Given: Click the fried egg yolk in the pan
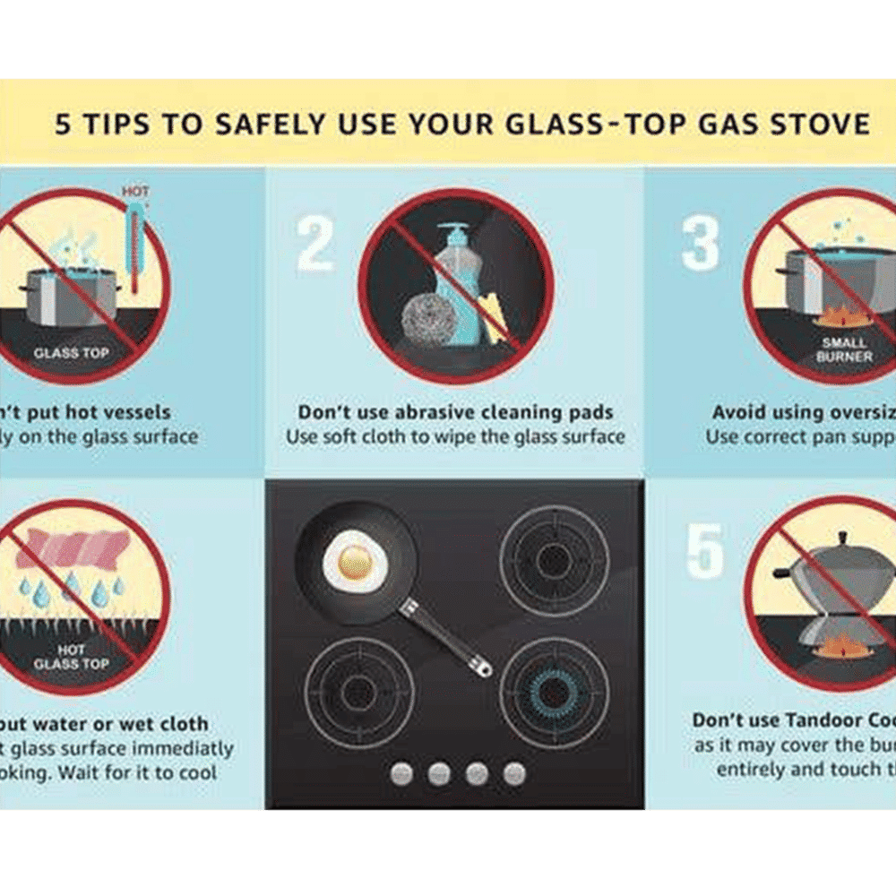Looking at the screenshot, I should (x=356, y=560).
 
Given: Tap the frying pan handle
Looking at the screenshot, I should (x=448, y=638).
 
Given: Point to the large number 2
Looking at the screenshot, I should (x=315, y=243).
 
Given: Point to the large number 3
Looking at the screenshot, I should (x=701, y=243).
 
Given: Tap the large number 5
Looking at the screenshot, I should (x=705, y=551).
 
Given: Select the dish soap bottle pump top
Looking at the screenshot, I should (x=455, y=236).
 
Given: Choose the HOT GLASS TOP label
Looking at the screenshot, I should (x=71, y=657).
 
